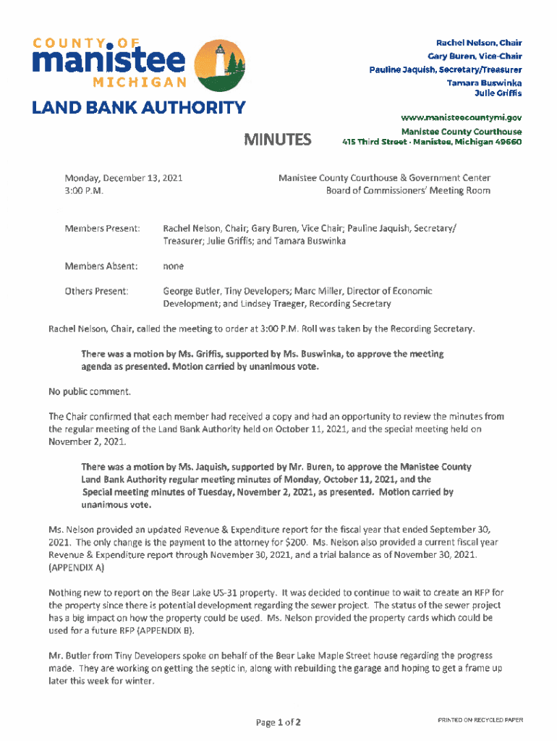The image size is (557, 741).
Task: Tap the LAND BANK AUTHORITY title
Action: click(x=138, y=109)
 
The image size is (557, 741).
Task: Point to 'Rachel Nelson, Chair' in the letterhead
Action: click(x=478, y=43)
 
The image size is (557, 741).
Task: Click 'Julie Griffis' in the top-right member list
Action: click(x=497, y=93)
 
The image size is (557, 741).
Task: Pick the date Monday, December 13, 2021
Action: click(x=112, y=177)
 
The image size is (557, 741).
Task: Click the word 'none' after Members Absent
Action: click(x=173, y=266)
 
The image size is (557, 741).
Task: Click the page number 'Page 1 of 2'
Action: click(x=278, y=722)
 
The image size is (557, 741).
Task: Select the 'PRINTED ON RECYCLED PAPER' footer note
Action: click(x=480, y=720)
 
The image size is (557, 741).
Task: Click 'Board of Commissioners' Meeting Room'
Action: click(x=407, y=191)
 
